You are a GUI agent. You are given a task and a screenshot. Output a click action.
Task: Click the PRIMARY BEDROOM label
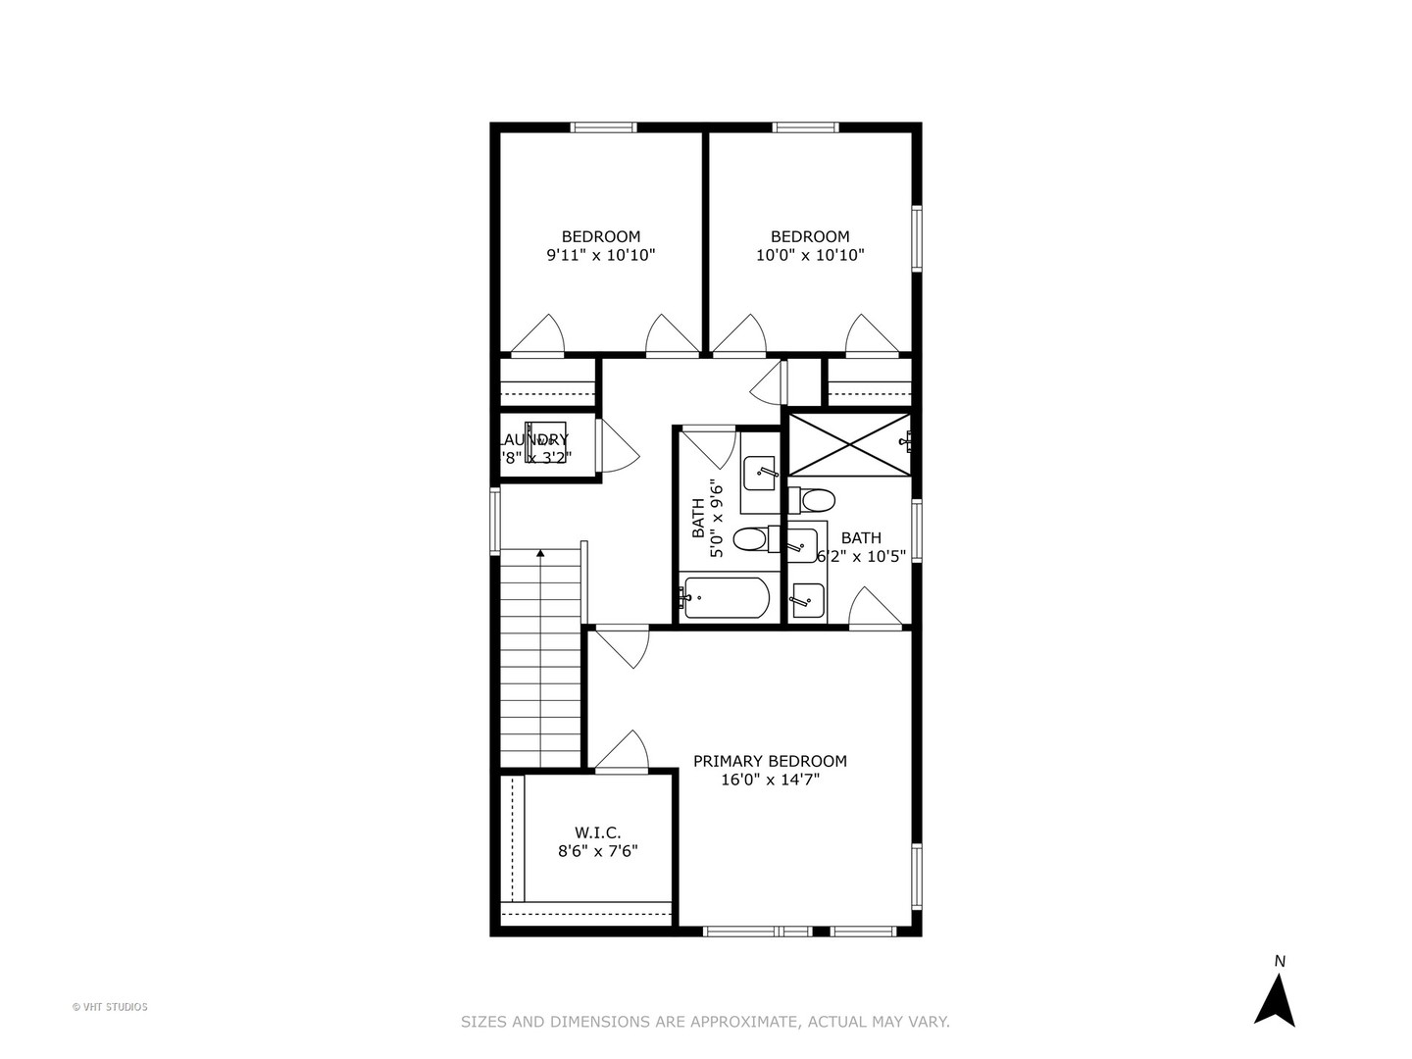coord(770,761)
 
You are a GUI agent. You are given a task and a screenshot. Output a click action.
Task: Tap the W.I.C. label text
coord(597,832)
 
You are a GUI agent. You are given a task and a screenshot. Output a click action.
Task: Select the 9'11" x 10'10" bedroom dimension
coord(600,255)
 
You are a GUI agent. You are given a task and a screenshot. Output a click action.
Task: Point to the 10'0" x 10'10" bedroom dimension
coord(809,255)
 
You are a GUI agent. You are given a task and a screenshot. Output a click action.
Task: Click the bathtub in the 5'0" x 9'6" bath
coord(727,598)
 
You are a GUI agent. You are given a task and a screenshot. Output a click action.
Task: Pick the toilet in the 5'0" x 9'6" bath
coord(751,538)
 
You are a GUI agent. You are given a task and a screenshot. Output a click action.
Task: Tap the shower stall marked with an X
coord(849,446)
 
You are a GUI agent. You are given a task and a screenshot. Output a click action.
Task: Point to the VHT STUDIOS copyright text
coord(110,1007)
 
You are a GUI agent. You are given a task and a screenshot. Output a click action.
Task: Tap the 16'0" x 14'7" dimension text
coord(770,781)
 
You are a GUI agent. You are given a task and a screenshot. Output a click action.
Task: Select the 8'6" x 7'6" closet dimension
coord(597,852)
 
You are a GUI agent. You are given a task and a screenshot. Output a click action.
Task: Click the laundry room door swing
coord(618,449)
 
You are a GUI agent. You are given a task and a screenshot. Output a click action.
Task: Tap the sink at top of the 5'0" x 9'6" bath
coord(758,475)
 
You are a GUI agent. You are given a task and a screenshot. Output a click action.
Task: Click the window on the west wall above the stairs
coord(495,521)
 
